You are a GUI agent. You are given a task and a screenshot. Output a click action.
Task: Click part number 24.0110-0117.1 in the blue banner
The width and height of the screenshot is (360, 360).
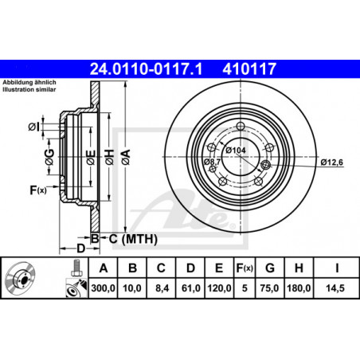(x=146, y=68)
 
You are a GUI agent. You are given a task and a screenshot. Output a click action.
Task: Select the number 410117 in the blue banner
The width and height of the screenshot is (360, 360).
(x=249, y=68)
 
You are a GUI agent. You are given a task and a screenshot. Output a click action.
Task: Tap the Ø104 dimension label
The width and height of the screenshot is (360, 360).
(x=236, y=151)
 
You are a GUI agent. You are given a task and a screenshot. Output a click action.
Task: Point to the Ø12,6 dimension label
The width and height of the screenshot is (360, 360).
(x=332, y=162)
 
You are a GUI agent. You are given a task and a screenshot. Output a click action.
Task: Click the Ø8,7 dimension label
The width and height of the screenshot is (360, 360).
(x=212, y=162)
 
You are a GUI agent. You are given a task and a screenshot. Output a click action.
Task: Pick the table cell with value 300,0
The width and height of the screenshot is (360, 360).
(x=103, y=288)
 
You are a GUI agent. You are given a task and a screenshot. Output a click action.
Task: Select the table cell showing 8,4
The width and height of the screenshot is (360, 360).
(x=162, y=288)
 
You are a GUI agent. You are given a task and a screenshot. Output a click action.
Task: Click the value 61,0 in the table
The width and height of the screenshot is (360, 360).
(x=190, y=288)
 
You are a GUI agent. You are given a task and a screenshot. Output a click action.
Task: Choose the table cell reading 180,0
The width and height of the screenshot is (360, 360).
(x=299, y=288)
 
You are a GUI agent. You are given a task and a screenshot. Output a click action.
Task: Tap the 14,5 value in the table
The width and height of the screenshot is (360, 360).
(x=335, y=288)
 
